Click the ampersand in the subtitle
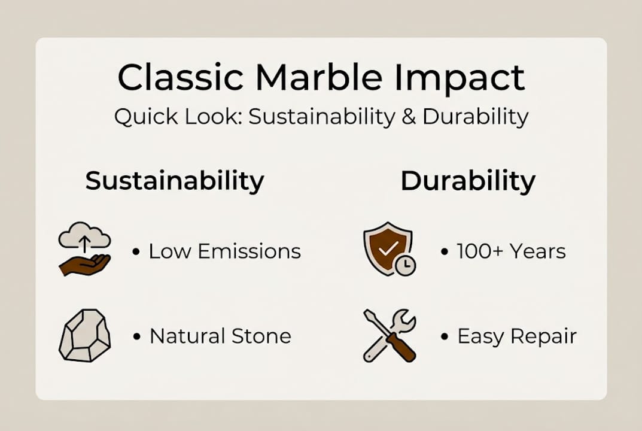[x=409, y=117]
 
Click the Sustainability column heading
[x=174, y=181]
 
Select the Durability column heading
[x=468, y=181]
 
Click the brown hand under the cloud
[x=84, y=264]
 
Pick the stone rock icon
[x=84, y=335]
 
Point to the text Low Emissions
[x=224, y=251]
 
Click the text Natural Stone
[x=220, y=336]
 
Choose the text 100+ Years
[x=511, y=251]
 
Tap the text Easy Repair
[x=517, y=336]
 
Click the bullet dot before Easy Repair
[x=445, y=336]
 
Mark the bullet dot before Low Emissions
[x=136, y=252]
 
